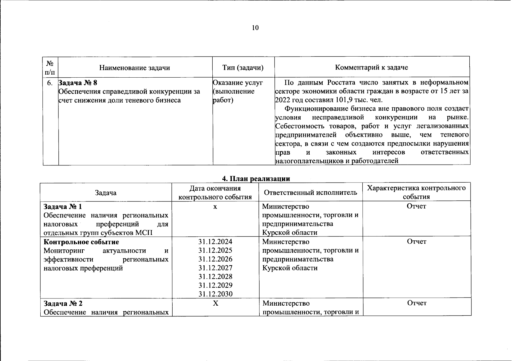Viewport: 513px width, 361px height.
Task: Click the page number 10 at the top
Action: tap(255, 28)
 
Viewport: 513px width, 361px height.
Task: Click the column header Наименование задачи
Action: tap(135, 68)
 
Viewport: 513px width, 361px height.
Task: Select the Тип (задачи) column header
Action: tap(243, 68)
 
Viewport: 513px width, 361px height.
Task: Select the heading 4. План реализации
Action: tap(256, 179)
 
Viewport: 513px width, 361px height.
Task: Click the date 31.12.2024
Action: tap(215, 242)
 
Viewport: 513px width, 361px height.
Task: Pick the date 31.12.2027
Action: tap(215, 268)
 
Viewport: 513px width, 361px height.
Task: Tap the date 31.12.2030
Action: tap(215, 294)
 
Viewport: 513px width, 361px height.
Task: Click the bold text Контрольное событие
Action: tap(81, 242)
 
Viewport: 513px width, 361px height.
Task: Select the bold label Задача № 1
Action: tap(63, 207)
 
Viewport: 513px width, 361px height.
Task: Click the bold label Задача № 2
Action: tap(63, 303)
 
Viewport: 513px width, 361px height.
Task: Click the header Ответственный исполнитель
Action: tap(311, 193)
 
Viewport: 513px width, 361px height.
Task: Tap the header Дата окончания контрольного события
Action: tap(215, 193)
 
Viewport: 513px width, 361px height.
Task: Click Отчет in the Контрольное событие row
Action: tap(417, 242)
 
